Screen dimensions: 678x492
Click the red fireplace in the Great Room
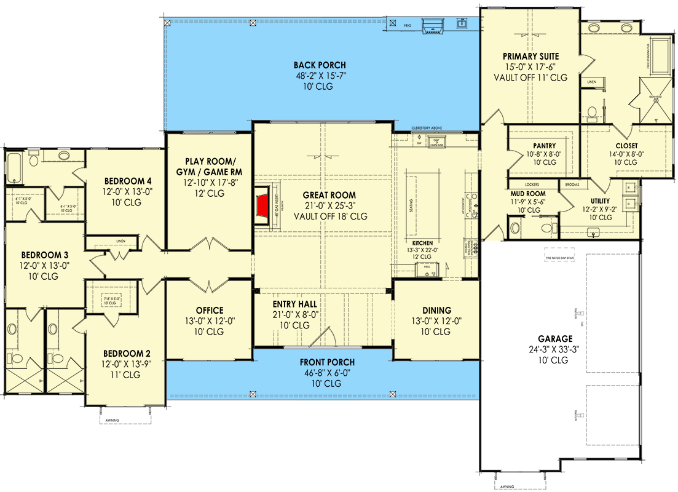click(263, 207)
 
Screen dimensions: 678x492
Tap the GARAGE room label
click(555, 338)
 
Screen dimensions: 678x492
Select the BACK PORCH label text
click(319, 65)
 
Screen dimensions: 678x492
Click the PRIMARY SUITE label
click(530, 56)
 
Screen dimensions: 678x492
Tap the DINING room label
click(436, 311)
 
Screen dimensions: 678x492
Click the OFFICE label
click(210, 311)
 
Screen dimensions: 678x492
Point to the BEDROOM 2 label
click(126, 354)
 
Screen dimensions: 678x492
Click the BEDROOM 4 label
click(128, 181)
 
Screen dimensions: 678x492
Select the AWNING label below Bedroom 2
click(112, 421)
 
